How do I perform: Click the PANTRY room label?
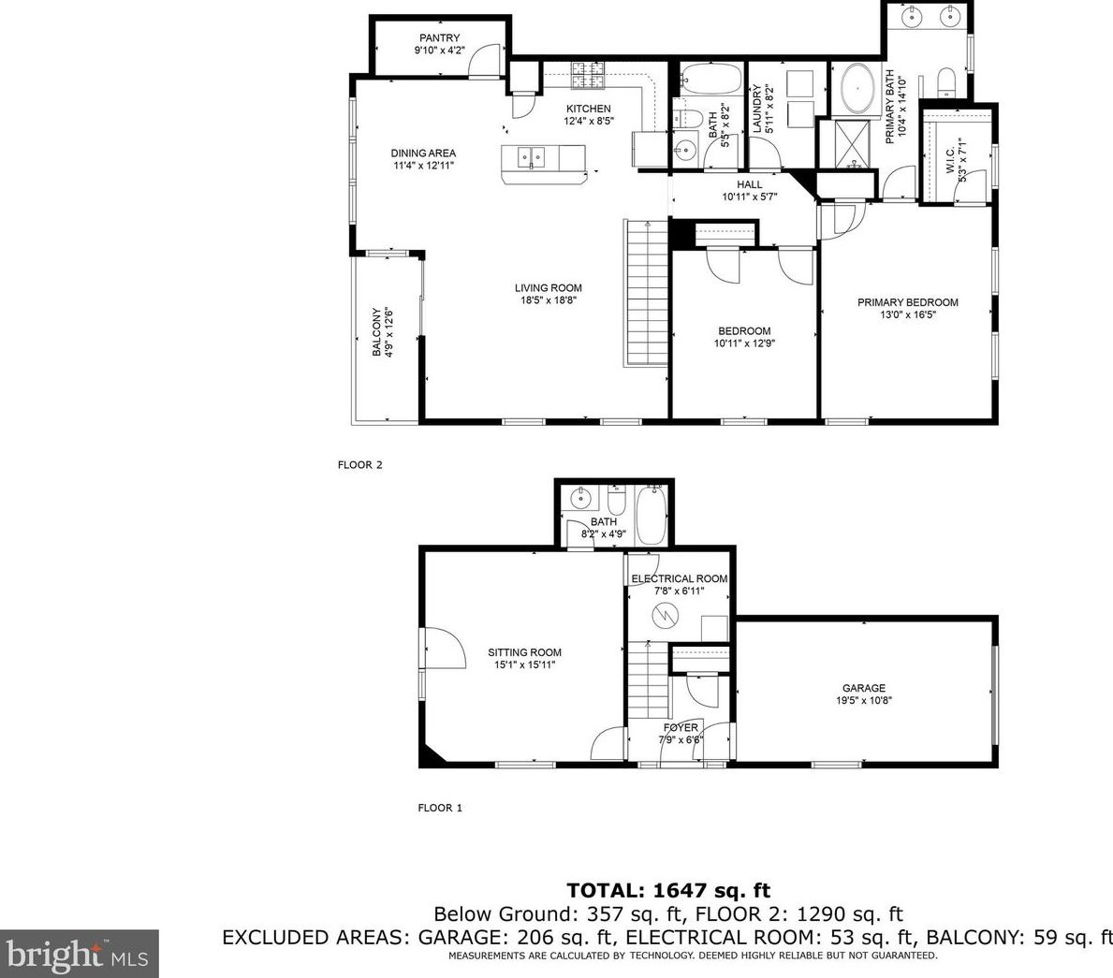tap(439, 37)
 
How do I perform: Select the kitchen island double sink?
tap(531, 157)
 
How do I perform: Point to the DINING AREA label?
tap(423, 153)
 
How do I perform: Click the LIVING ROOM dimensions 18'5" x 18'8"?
tap(549, 300)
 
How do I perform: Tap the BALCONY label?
tap(376, 332)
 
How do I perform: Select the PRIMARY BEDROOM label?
tap(908, 302)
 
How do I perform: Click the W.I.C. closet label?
tap(950, 160)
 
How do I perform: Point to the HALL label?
tap(750, 184)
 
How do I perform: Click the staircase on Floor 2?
tap(647, 293)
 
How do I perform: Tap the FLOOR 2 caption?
tap(359, 465)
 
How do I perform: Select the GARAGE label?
tap(864, 688)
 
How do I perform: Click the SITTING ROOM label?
tap(524, 652)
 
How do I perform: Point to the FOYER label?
tap(681, 727)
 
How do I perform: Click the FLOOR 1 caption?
tap(440, 808)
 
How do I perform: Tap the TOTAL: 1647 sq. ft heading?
tap(668, 890)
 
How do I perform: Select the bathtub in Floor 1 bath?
tap(651, 515)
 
